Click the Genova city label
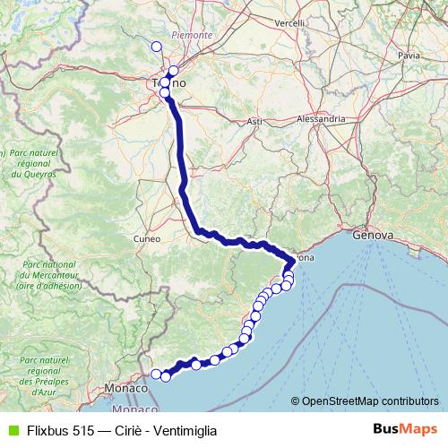pos(374,236)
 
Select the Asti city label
pos(254,121)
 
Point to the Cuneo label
pos(145,239)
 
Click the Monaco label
pos(125,388)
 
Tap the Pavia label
pos(409,55)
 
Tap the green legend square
pos(11,430)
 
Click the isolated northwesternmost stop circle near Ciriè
pos(156,47)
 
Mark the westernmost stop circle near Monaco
pos(155,374)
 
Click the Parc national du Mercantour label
pos(49,275)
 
